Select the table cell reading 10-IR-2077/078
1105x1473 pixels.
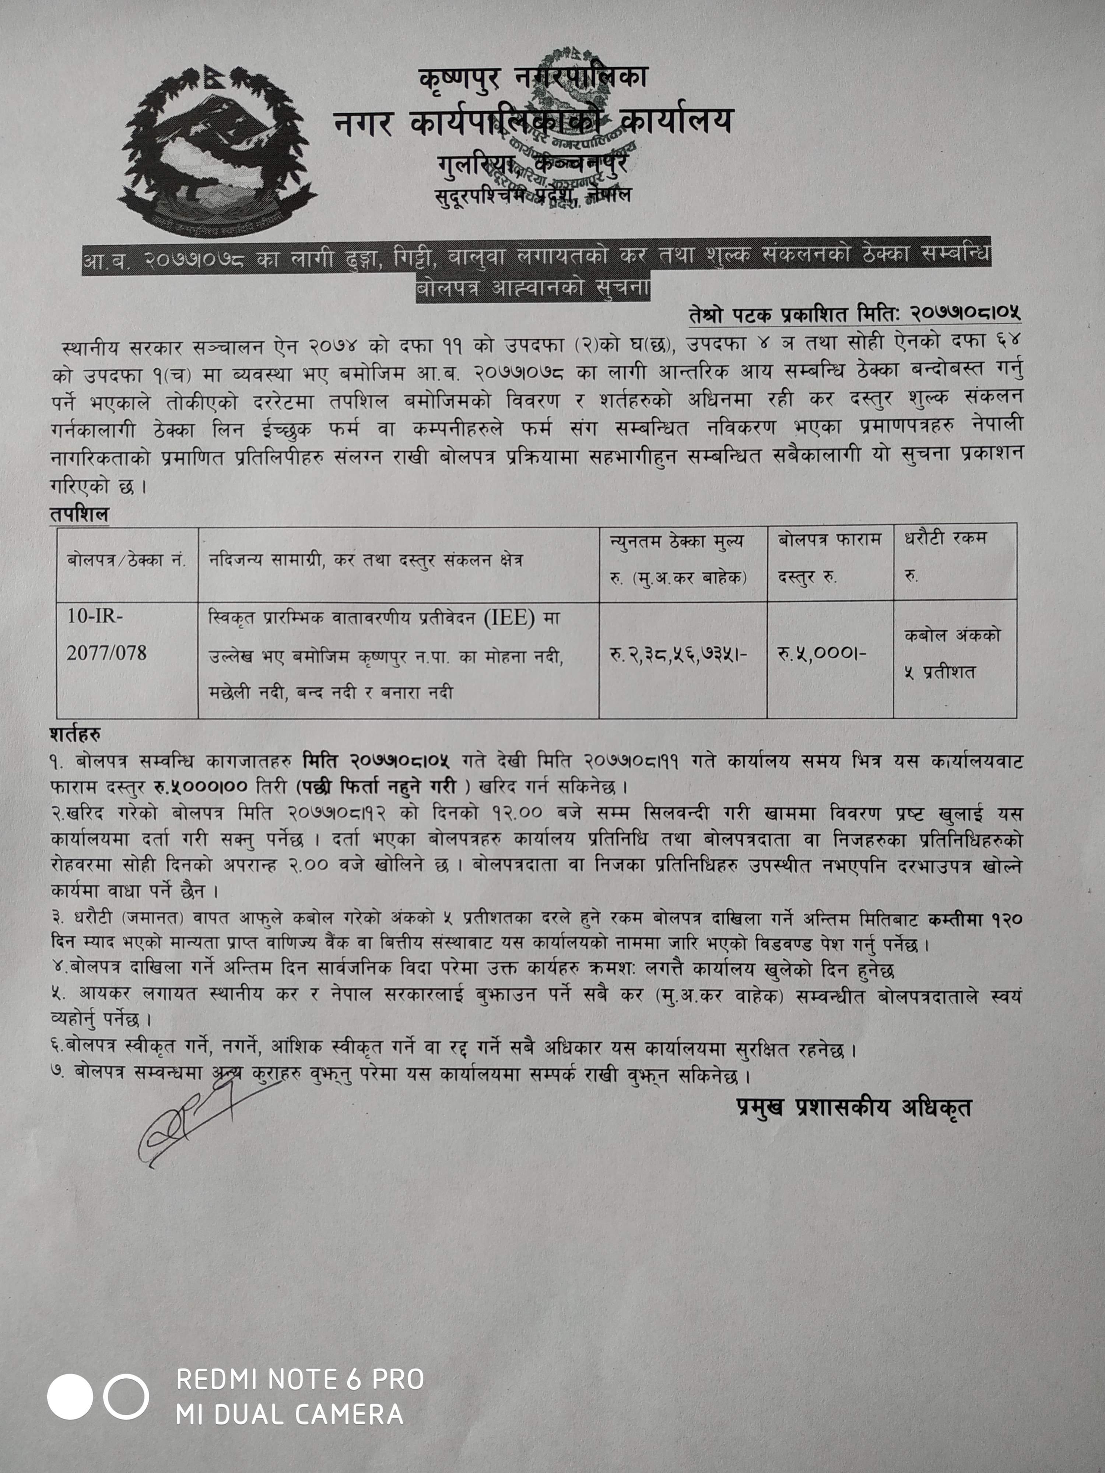106,634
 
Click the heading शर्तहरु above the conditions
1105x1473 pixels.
75,735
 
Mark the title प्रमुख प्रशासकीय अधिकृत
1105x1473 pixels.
854,1107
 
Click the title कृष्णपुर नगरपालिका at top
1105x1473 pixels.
533,78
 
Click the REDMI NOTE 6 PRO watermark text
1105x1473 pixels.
300,1379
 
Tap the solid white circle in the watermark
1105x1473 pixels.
70,1396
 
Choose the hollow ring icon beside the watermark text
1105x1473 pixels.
126,1396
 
